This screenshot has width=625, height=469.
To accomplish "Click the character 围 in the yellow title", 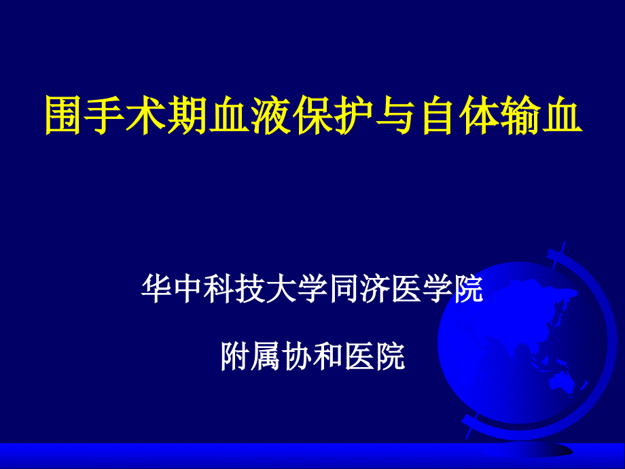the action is click(x=64, y=115).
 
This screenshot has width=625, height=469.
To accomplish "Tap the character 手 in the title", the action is click(x=105, y=115).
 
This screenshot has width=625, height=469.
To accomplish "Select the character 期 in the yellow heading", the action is click(x=187, y=115).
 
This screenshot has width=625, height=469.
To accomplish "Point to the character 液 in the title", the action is click(x=270, y=115).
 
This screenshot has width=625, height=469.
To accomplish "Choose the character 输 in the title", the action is click(x=519, y=115).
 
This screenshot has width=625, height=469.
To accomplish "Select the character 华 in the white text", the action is click(x=157, y=288).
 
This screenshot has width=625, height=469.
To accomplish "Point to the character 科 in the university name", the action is click(x=219, y=288).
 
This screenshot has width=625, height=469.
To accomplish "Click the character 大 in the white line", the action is click(x=281, y=288).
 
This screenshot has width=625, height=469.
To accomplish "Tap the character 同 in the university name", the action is click(x=343, y=288).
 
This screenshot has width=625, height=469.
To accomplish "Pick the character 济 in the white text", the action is click(x=374, y=288).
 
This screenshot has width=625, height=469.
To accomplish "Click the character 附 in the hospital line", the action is click(x=236, y=356).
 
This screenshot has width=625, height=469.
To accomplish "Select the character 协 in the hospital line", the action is click(x=298, y=356).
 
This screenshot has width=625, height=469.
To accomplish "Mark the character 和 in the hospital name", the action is click(x=329, y=356).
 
